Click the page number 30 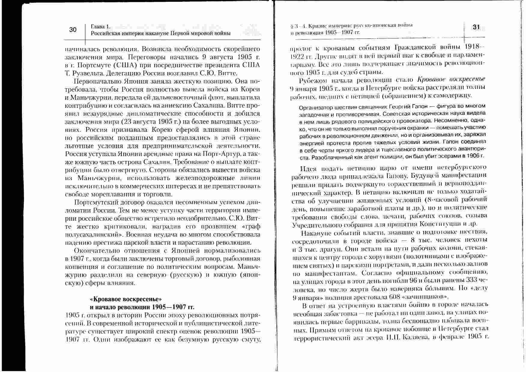coord(73,29)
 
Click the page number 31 coord(476,27)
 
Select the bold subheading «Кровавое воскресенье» coord(126,299)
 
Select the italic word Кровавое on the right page coord(430,80)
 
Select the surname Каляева coord(414,337)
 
